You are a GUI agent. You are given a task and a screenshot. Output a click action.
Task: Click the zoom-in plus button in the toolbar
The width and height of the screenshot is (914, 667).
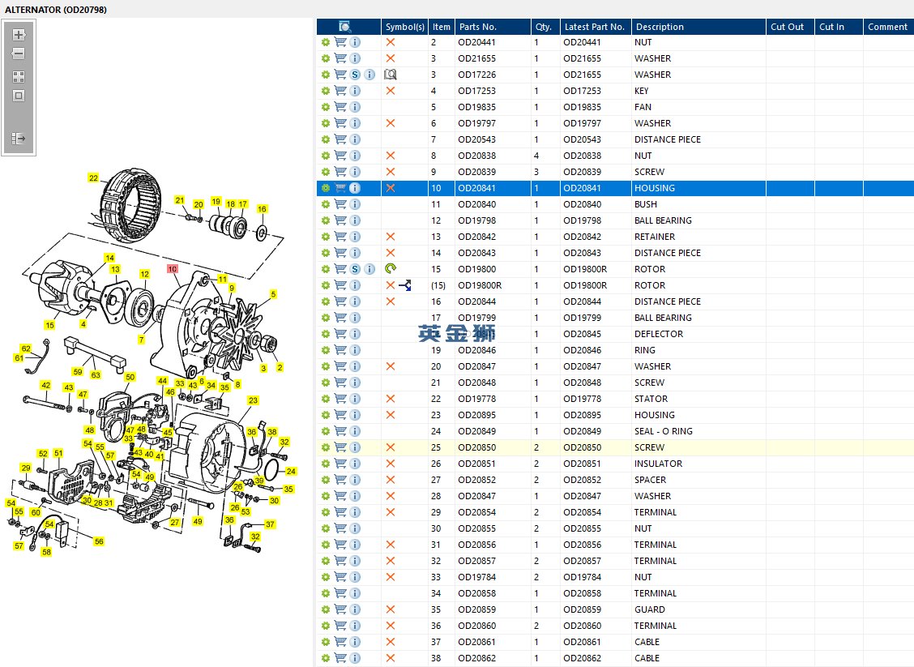(19, 34)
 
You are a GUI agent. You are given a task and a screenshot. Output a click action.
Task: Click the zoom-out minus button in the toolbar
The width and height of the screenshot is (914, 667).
(19, 53)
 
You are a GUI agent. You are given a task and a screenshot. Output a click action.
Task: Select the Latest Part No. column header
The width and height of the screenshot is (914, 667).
(594, 27)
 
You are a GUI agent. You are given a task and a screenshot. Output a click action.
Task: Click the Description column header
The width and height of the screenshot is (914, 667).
(660, 27)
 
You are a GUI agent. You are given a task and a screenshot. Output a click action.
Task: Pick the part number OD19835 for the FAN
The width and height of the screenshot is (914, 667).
(476, 107)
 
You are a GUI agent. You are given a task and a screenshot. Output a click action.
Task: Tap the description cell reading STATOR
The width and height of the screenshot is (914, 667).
(651, 399)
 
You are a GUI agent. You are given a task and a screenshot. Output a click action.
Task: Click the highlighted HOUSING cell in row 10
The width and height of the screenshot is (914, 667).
(655, 188)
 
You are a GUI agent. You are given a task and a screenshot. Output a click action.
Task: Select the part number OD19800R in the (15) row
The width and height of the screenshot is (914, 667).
(480, 286)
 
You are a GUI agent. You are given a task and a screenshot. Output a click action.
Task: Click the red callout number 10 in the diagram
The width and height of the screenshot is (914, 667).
(173, 269)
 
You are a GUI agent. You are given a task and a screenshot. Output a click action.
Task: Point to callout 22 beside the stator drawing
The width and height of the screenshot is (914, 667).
(93, 177)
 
